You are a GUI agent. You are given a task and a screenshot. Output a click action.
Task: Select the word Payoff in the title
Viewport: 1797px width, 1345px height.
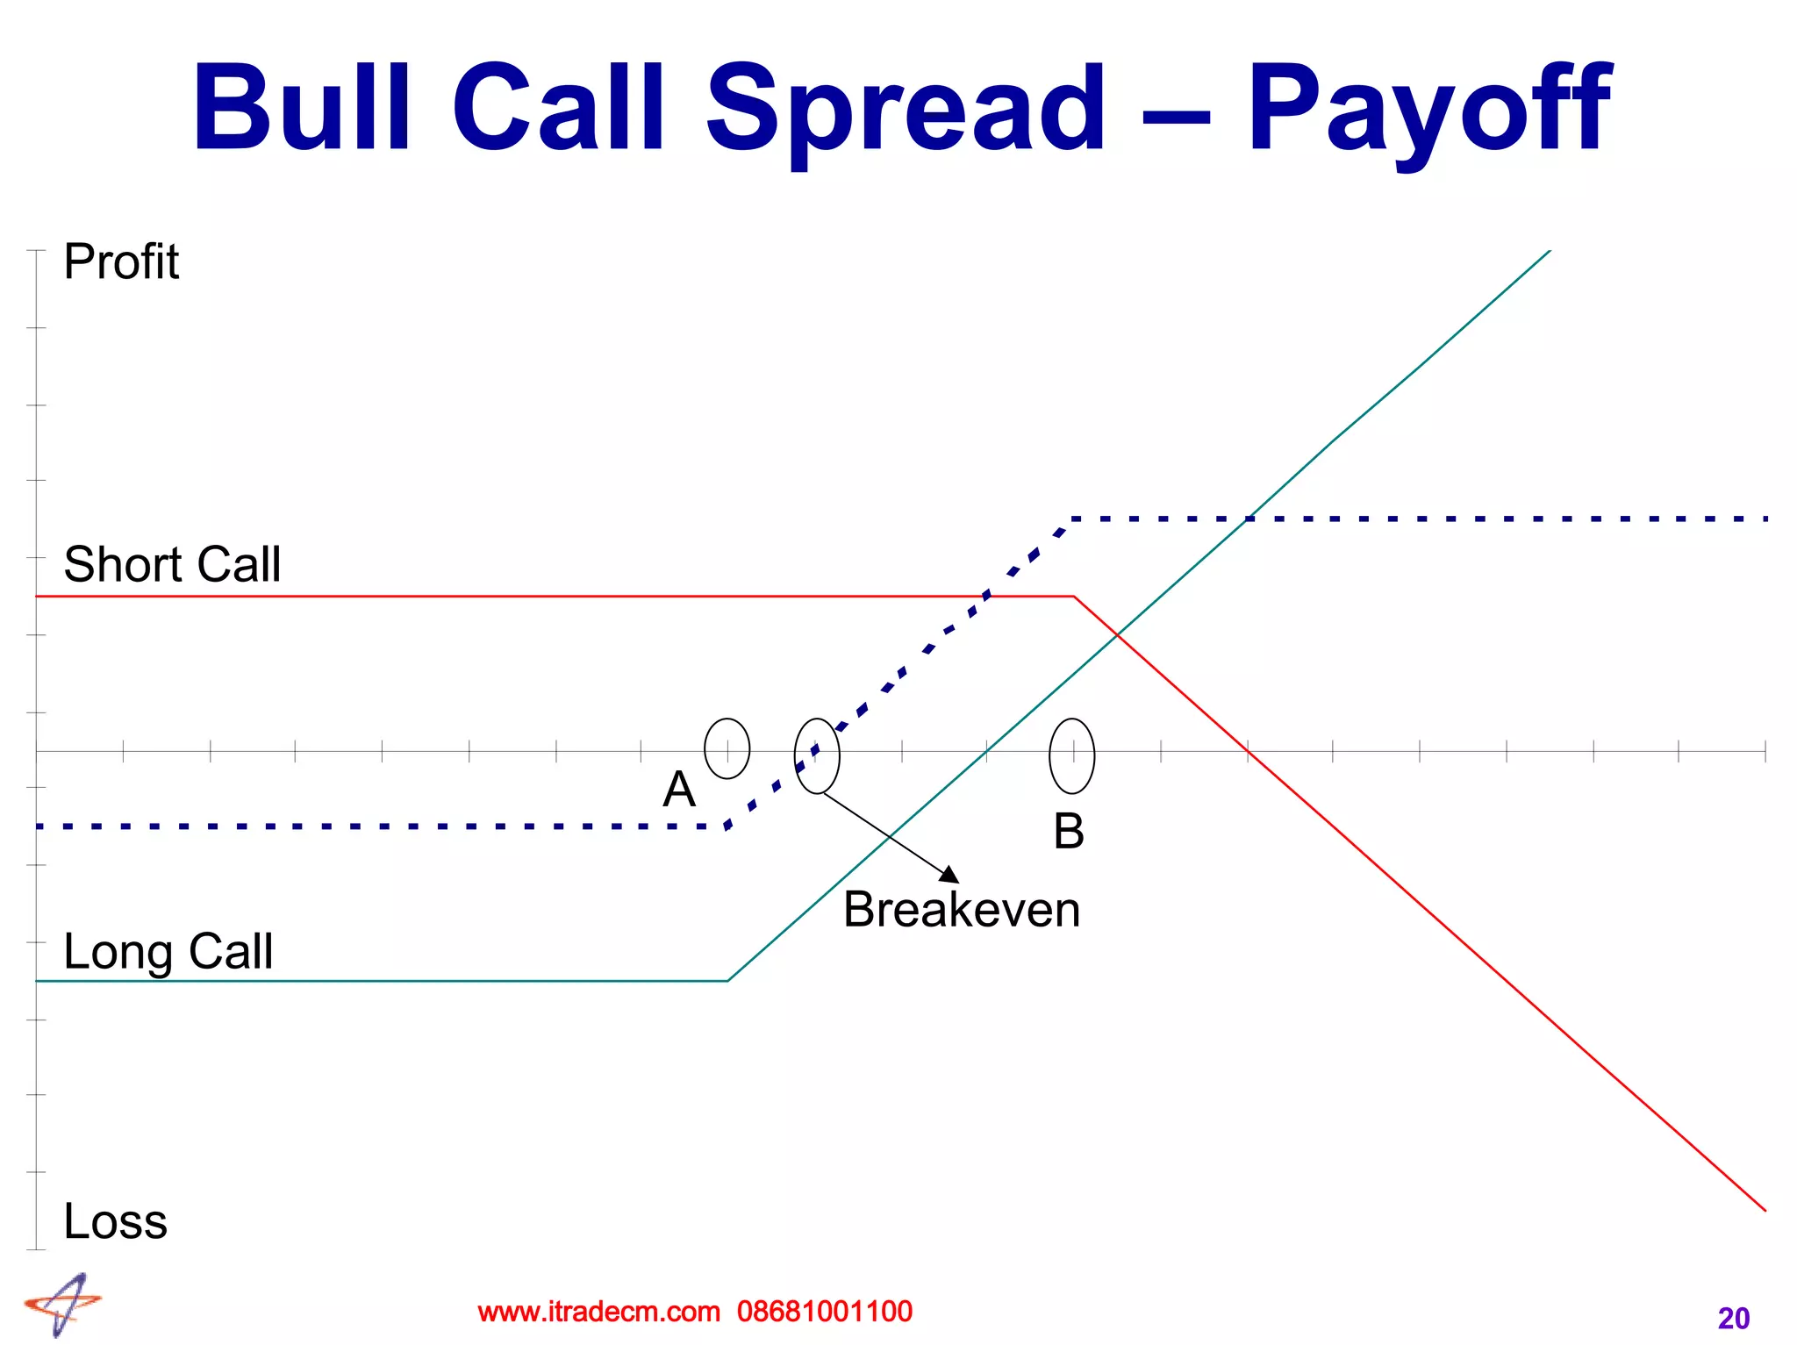pos(1428,110)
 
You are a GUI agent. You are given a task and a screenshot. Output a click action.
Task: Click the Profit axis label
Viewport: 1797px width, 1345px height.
pos(121,261)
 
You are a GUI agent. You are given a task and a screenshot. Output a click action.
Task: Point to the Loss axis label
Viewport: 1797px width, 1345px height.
pos(115,1221)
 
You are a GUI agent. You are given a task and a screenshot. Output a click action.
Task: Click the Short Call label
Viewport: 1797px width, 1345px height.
pos(172,563)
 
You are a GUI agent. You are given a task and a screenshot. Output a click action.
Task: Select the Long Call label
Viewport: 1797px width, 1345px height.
pos(168,951)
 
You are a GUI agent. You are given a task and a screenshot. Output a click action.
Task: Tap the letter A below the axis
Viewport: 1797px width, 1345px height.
pos(679,790)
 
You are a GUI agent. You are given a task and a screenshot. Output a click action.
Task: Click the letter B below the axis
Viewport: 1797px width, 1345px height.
pos(1068,831)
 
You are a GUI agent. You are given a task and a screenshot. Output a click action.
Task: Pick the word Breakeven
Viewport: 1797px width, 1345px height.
pos(961,910)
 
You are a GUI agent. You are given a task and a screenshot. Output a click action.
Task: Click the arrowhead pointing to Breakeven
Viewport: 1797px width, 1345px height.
pos(950,874)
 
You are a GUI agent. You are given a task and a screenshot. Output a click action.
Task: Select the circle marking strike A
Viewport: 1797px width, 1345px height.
pos(727,748)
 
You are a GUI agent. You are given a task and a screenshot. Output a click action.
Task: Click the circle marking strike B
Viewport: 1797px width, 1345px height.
pos(1071,755)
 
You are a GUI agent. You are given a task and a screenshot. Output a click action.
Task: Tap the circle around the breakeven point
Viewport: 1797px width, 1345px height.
pos(817,755)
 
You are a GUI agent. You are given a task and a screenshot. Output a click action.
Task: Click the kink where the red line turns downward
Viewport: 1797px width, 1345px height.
pos(1074,597)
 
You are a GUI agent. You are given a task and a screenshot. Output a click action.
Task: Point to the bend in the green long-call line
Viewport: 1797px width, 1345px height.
pos(728,980)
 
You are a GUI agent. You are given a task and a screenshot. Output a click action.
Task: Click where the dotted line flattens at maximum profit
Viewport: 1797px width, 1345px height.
pos(1072,519)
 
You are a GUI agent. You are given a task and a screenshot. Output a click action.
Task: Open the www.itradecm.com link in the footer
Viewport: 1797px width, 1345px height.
pos(598,1312)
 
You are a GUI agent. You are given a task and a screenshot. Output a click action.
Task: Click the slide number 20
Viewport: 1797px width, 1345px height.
pos(1733,1318)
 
